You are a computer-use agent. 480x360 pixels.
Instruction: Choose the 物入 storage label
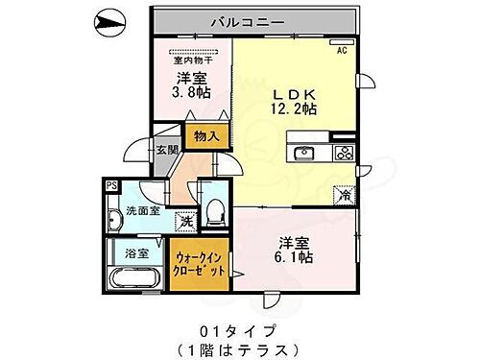click(206, 136)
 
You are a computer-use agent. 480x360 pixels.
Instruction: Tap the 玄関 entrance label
click(167, 150)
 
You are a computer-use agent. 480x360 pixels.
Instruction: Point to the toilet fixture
click(216, 208)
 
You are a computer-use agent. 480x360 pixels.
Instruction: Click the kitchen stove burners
click(344, 153)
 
